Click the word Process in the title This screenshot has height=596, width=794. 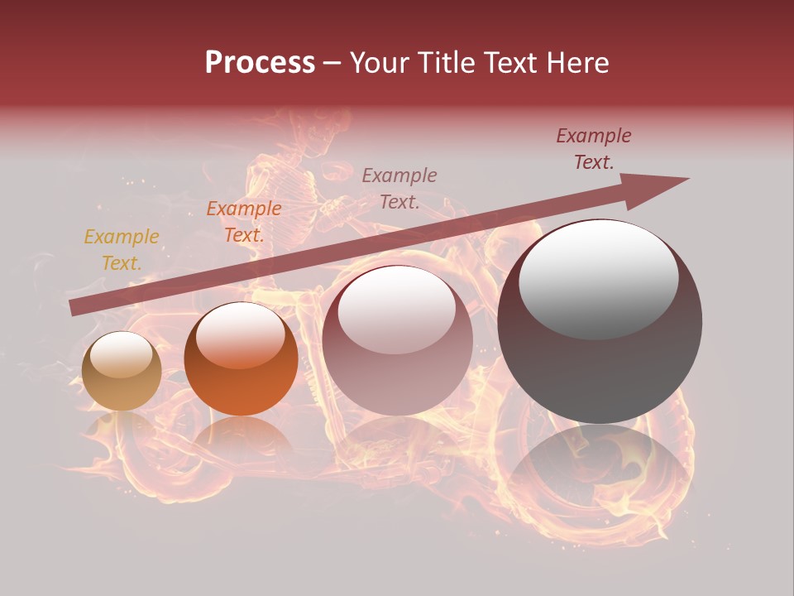(x=260, y=63)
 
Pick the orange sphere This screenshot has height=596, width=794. (x=241, y=359)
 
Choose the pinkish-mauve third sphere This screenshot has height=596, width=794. (x=397, y=340)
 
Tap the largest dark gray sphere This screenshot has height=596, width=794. (x=600, y=321)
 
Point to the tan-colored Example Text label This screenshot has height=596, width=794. (x=122, y=250)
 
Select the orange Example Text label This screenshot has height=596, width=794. (x=243, y=222)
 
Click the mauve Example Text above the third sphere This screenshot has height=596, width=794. (x=399, y=188)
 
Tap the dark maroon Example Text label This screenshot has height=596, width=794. (x=593, y=149)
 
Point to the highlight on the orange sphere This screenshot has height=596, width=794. (x=240, y=334)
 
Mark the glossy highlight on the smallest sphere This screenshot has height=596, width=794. (x=121, y=357)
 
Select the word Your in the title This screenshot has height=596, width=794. (x=375, y=63)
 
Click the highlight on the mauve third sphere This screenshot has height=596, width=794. (x=396, y=309)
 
